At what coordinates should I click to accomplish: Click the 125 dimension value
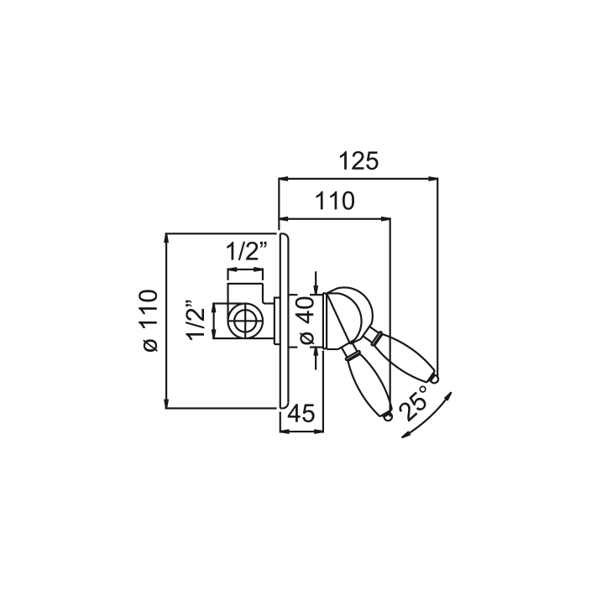pyautogui.click(x=358, y=160)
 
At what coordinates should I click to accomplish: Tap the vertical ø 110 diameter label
pyautogui.click(x=149, y=321)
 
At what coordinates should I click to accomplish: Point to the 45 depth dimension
pyautogui.click(x=301, y=414)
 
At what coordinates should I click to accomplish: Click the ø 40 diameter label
pyautogui.click(x=306, y=320)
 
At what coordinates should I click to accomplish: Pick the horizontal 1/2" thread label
pyautogui.click(x=247, y=250)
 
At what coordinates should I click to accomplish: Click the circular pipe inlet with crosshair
pyautogui.click(x=245, y=321)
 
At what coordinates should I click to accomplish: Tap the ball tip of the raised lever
pyautogui.click(x=435, y=373)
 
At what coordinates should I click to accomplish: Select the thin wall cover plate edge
pyautogui.click(x=285, y=321)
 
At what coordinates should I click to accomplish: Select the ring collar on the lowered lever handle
pyautogui.click(x=351, y=351)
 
